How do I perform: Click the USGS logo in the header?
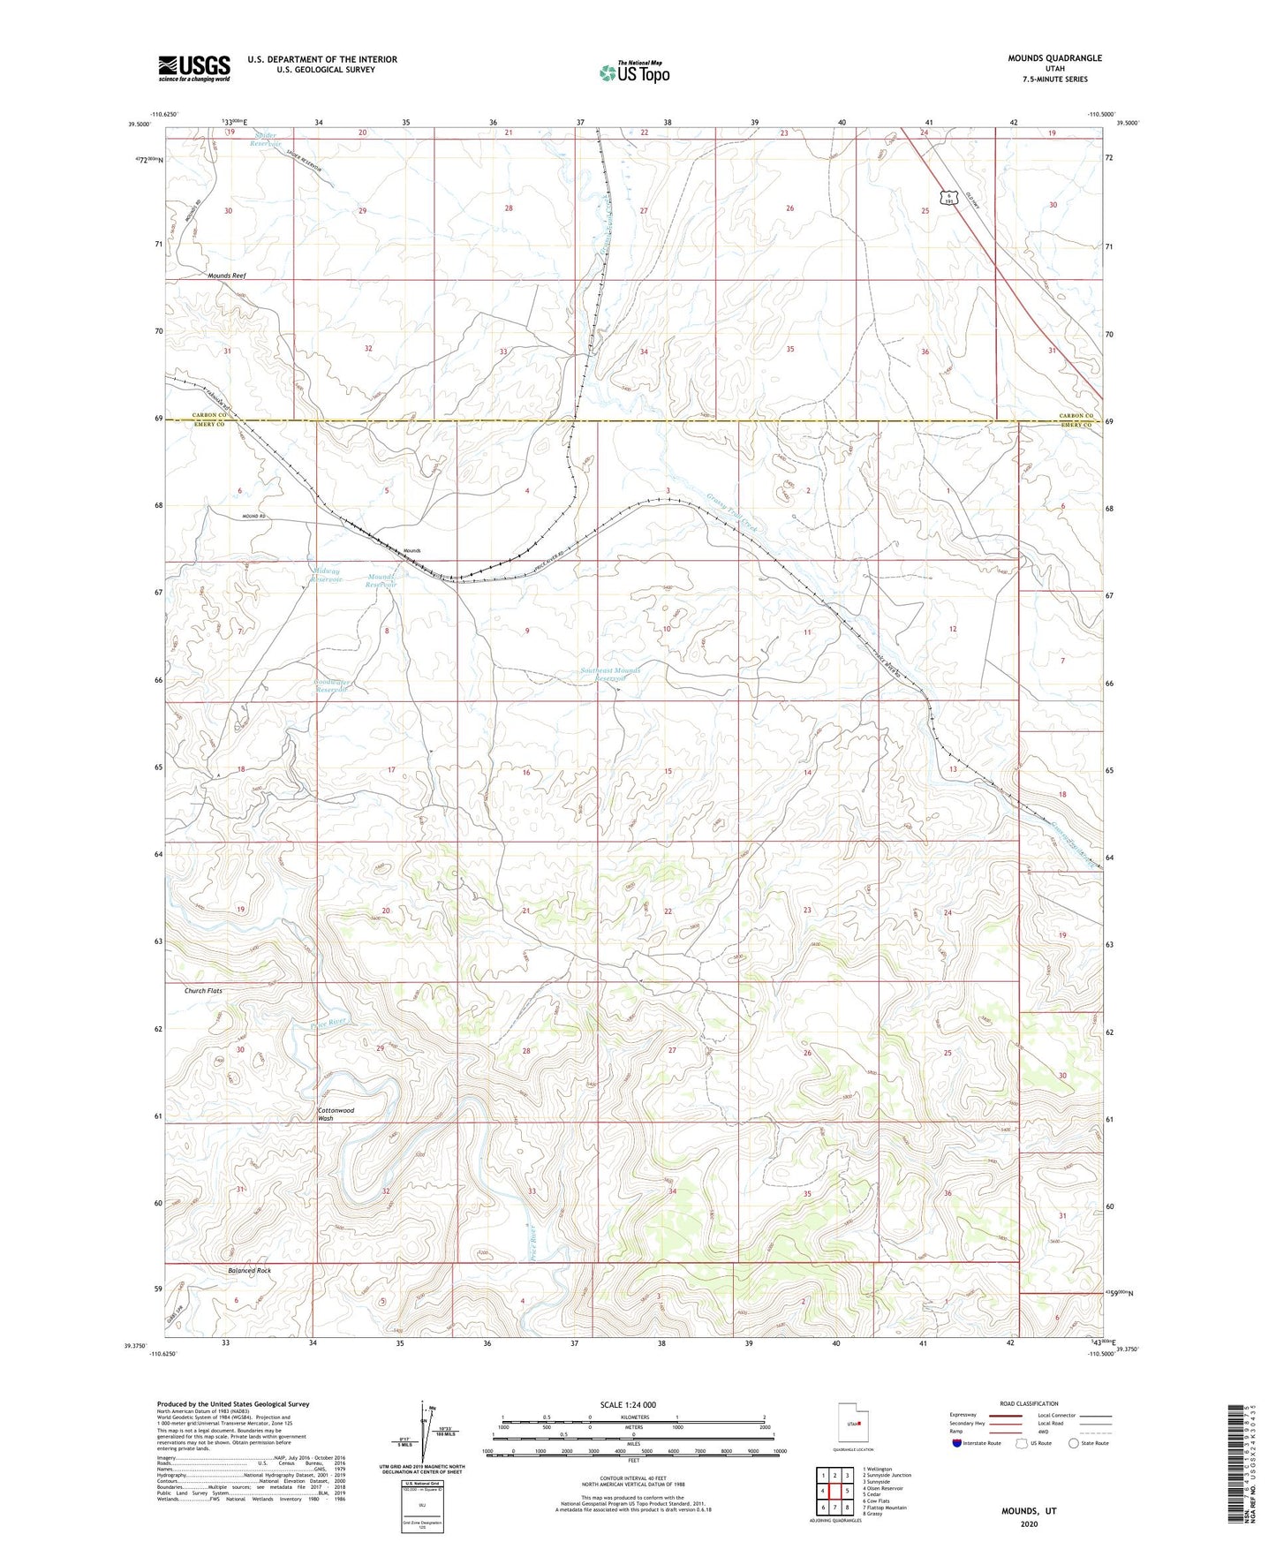193,68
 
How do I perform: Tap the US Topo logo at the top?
633,72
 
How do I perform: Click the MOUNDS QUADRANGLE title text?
1054,58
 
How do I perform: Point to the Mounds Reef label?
227,276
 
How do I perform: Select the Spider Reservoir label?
264,139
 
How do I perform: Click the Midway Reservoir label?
326,575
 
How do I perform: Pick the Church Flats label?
203,991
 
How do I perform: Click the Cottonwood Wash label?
336,1114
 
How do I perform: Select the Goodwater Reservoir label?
331,686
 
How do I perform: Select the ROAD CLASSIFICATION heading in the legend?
1028,1403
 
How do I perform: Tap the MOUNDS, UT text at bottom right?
1028,1511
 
